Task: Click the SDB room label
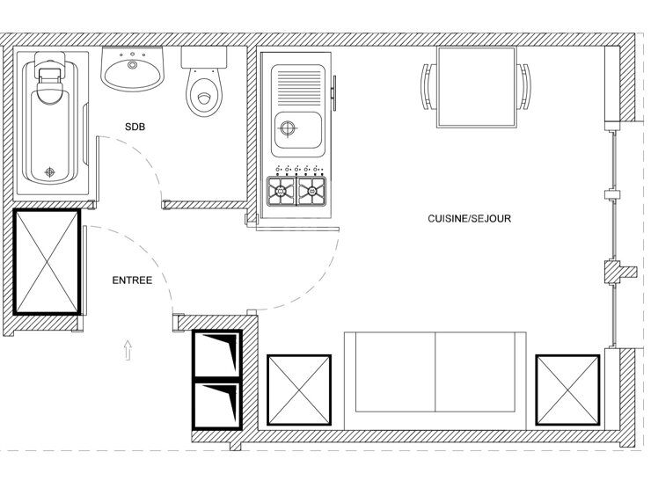[x=135, y=127]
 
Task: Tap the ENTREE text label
[x=132, y=280]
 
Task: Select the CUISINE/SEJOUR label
[x=469, y=219]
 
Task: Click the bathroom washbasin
[x=133, y=69]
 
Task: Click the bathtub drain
[x=50, y=171]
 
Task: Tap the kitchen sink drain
[x=288, y=128]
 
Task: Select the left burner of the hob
[x=282, y=191]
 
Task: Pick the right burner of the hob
[x=311, y=191]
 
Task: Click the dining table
[x=476, y=87]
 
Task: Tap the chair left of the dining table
[x=429, y=86]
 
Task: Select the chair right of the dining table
[x=524, y=86]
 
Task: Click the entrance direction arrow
[x=128, y=350]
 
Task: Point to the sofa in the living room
[x=435, y=381]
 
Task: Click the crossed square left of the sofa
[x=299, y=390]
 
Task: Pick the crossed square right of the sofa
[x=568, y=390]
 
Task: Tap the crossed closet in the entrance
[x=47, y=262]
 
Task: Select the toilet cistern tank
[x=204, y=57]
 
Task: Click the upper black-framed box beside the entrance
[x=216, y=354]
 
